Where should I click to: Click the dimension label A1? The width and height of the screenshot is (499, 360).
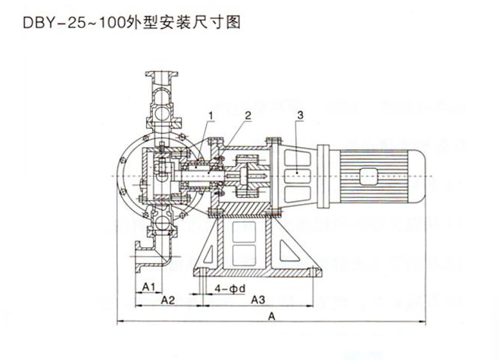(x=149, y=286)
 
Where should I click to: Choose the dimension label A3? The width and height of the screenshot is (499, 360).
(x=258, y=300)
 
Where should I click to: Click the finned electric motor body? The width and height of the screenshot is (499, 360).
(x=386, y=175)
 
